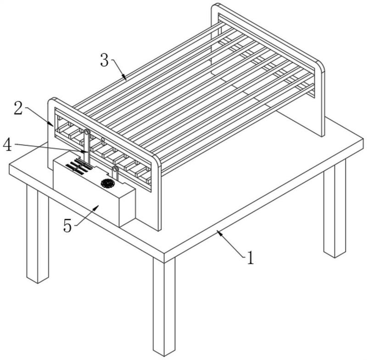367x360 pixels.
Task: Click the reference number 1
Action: tap(250, 258)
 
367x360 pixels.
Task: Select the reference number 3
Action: tap(105, 60)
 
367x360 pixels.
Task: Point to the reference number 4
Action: tap(7, 145)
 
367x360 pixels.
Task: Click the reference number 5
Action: tap(67, 226)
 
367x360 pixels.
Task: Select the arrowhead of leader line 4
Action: tap(86, 152)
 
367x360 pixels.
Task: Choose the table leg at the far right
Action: tap(335, 208)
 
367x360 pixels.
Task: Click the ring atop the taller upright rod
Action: tap(87, 132)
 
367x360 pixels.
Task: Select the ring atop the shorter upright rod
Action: tap(115, 169)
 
